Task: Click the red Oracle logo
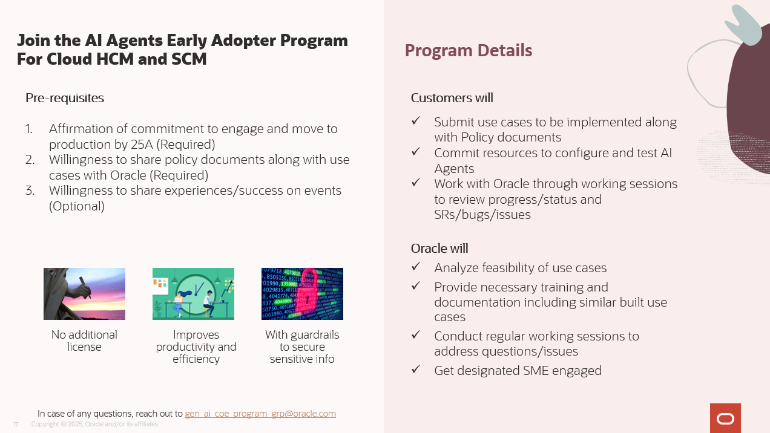(x=725, y=418)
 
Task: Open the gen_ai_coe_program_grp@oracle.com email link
(x=260, y=414)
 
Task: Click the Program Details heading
(x=468, y=50)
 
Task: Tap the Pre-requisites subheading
(x=65, y=98)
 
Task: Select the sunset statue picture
(x=84, y=294)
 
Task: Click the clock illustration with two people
(x=193, y=294)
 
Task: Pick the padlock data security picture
(x=302, y=294)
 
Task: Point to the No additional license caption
(x=84, y=341)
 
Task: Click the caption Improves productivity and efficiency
(x=196, y=347)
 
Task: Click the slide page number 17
(x=16, y=425)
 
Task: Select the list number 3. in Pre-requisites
(x=30, y=190)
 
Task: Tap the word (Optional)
(x=77, y=206)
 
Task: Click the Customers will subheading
(x=452, y=98)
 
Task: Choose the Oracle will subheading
(x=439, y=249)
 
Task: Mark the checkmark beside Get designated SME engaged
(x=416, y=369)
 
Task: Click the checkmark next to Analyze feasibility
(x=416, y=267)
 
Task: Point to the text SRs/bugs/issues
(x=482, y=214)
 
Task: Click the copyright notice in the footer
(x=94, y=425)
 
